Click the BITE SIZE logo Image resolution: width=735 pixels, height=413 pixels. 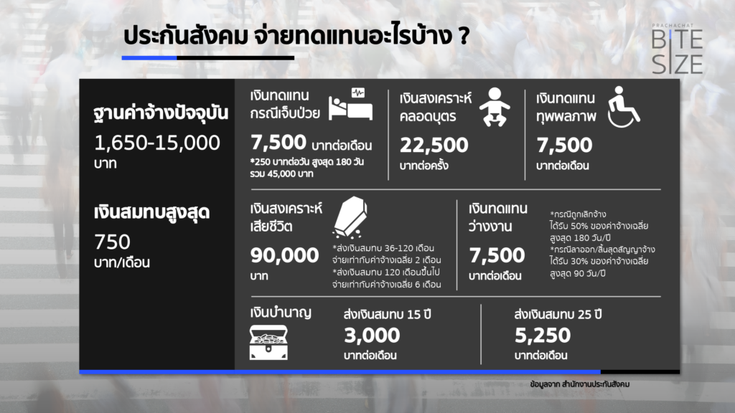click(x=677, y=49)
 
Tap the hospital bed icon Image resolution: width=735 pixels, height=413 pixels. click(x=350, y=104)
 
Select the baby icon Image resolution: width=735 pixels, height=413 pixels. click(x=495, y=107)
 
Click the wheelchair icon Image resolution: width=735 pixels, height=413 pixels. click(x=623, y=107)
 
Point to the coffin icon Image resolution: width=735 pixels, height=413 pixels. click(x=350, y=217)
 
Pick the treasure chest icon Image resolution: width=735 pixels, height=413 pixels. click(x=268, y=342)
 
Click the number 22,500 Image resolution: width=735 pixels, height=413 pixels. click(x=434, y=145)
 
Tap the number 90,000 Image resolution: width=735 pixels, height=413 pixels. click(x=284, y=255)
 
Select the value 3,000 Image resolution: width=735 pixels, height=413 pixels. click(x=372, y=336)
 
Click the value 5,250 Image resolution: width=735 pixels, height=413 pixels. click(x=543, y=336)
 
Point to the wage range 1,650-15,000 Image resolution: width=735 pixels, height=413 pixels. click(x=157, y=143)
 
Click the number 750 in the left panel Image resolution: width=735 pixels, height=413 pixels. click(x=112, y=242)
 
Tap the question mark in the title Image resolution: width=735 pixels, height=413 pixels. click(x=464, y=36)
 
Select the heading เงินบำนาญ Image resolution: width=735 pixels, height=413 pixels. click(x=281, y=313)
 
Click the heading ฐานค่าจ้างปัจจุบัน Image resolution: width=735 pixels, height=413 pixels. click(x=161, y=113)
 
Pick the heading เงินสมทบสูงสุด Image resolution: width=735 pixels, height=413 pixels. click(x=151, y=212)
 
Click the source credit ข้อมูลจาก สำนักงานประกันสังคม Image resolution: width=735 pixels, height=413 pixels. click(x=580, y=384)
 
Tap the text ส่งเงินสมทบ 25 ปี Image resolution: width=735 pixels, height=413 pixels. click(x=558, y=314)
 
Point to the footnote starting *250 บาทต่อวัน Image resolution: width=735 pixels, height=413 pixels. click(x=307, y=167)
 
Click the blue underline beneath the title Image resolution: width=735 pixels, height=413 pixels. click(x=149, y=58)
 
